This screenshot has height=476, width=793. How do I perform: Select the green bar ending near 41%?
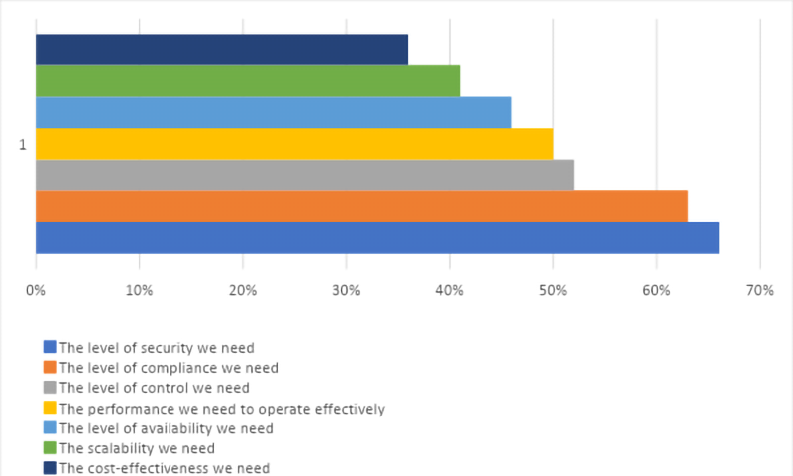(248, 81)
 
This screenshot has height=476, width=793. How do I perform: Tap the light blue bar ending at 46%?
(274, 112)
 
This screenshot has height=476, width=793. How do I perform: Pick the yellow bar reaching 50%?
(294, 144)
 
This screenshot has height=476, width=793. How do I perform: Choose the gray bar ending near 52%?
(304, 176)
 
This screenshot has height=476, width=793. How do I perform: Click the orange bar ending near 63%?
(362, 206)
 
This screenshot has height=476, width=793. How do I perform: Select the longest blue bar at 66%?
(377, 238)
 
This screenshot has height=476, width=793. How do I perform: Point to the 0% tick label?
(36, 290)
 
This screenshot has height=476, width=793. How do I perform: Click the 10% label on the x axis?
(139, 290)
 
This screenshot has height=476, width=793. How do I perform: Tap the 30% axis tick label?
(346, 290)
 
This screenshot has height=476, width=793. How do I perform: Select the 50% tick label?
(552, 290)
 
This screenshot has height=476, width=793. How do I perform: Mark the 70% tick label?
(759, 290)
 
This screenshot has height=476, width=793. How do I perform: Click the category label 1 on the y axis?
(22, 145)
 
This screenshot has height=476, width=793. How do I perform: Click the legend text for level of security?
(157, 348)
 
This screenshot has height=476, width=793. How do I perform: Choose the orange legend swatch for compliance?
(50, 368)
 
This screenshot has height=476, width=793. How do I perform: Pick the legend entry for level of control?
(154, 388)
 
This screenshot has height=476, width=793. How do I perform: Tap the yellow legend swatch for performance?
(50, 408)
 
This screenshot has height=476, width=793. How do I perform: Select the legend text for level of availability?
(166, 428)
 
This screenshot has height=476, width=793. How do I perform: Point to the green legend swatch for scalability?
(50, 448)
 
